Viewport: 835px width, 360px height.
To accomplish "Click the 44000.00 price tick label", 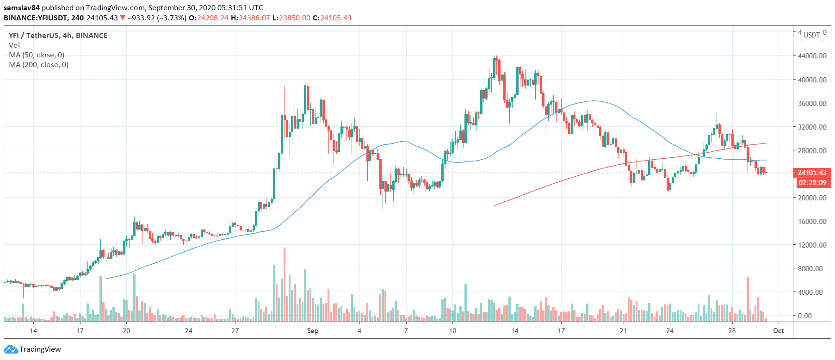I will pyautogui.click(x=812, y=56).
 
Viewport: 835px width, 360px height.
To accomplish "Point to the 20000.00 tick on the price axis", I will pyautogui.click(x=812, y=198).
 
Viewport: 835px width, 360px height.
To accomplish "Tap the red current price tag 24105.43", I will pyautogui.click(x=812, y=173).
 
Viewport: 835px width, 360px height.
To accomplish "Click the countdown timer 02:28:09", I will pyautogui.click(x=812, y=183).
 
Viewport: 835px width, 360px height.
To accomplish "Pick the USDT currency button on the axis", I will pyautogui.click(x=812, y=35).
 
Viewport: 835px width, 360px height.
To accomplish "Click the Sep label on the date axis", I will pyautogui.click(x=313, y=331).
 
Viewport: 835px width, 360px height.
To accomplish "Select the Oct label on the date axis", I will pyautogui.click(x=779, y=331).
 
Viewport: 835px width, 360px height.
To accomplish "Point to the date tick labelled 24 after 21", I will pyautogui.click(x=670, y=331).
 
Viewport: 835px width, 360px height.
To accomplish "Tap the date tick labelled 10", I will pyautogui.click(x=452, y=331).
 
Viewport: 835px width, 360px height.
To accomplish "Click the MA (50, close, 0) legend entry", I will pyautogui.click(x=37, y=55).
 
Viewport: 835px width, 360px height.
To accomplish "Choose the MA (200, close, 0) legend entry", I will pyautogui.click(x=38, y=65).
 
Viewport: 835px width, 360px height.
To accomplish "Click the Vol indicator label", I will pyautogui.click(x=14, y=45).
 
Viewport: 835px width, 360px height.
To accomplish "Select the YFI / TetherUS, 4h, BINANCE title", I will pyautogui.click(x=58, y=36).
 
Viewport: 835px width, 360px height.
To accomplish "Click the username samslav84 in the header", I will pyautogui.click(x=22, y=8).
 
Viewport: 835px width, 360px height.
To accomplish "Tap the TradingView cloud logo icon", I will pyautogui.click(x=11, y=349).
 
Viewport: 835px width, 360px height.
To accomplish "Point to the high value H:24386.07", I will pyautogui.click(x=250, y=18).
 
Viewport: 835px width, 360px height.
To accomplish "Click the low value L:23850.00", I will pyautogui.click(x=291, y=18).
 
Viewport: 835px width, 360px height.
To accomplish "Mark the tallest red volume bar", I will pyautogui.click(x=285, y=285).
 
